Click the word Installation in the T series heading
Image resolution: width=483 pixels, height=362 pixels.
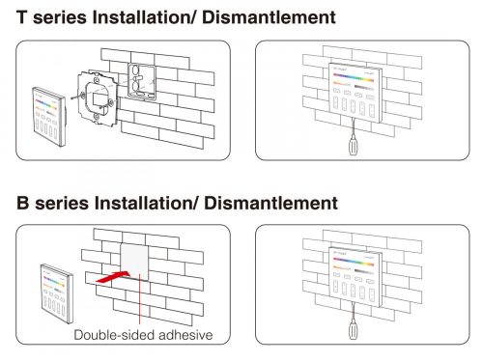pyautogui.click(x=143, y=17)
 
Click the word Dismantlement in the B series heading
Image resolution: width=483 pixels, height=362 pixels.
pyautogui.click(x=270, y=203)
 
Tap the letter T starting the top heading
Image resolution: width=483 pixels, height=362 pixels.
pyautogui.click(x=21, y=17)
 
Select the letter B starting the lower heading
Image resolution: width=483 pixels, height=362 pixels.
pyautogui.click(x=23, y=204)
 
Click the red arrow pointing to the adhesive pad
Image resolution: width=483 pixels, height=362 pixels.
pyautogui.click(x=113, y=277)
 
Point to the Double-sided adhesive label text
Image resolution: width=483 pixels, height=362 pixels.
pyautogui.click(x=143, y=335)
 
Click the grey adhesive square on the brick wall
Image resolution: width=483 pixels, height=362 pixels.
pyautogui.click(x=134, y=263)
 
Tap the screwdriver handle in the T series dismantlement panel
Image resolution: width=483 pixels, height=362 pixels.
pyautogui.click(x=354, y=146)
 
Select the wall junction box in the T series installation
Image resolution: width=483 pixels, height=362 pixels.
pyautogui.click(x=141, y=81)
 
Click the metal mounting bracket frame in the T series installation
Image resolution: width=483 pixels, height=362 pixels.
pyautogui.click(x=96, y=97)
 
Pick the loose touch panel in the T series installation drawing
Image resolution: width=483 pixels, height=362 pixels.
pyautogui.click(x=49, y=117)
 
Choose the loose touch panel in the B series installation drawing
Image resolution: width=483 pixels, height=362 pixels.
pyautogui.click(x=57, y=293)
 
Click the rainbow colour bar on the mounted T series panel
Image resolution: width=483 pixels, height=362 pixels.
pyautogui.click(x=354, y=79)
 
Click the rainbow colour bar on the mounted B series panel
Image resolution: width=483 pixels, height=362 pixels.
pyautogui.click(x=354, y=262)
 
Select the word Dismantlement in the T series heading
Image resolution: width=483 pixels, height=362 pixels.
pyautogui.click(x=269, y=17)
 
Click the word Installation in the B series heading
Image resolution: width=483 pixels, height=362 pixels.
pyautogui.click(x=145, y=203)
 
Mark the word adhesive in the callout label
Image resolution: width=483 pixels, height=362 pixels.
pyautogui.click(x=185, y=335)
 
